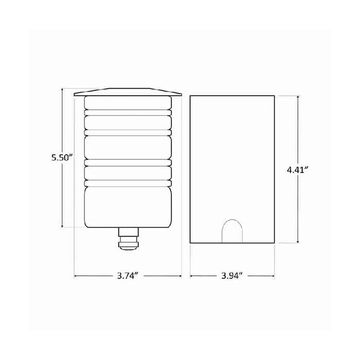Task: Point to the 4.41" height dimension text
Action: [299, 169]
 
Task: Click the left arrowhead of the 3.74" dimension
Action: [76, 276]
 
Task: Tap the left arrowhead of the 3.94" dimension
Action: [191, 276]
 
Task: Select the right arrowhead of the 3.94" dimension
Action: [273, 276]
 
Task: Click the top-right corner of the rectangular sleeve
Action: [274, 95]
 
